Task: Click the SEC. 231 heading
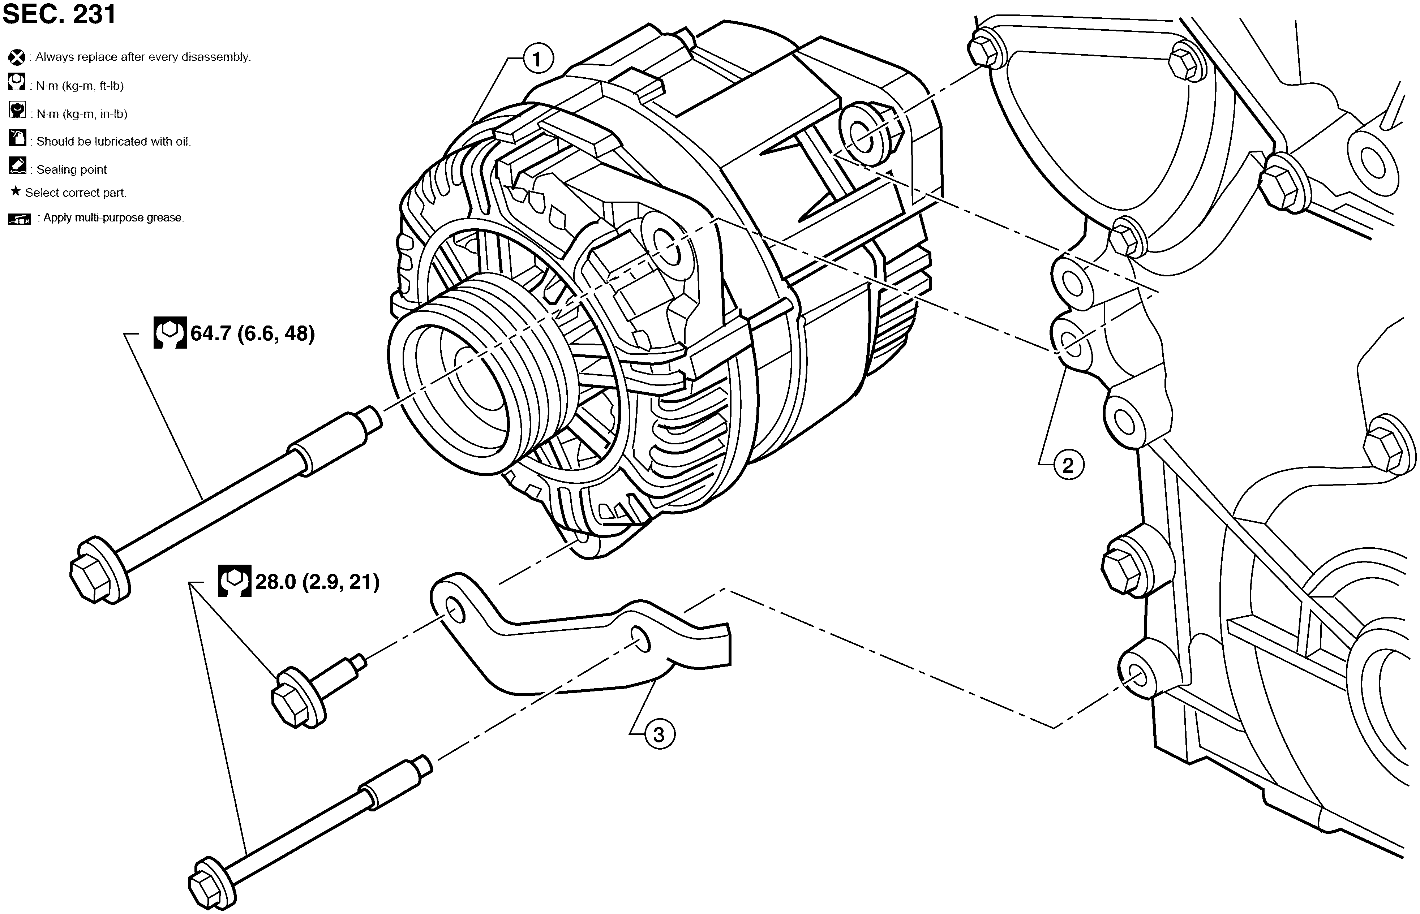tap(59, 14)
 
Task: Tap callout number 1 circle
tap(537, 59)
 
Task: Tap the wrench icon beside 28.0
tap(235, 581)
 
